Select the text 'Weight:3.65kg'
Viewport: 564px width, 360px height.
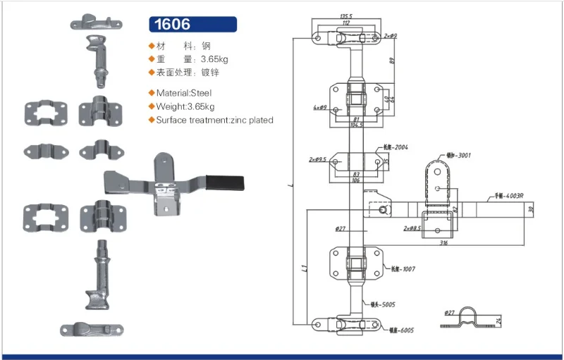185,106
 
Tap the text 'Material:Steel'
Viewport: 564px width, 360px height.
183,92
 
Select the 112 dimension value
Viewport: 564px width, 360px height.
346,22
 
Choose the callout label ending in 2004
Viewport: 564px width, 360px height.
395,148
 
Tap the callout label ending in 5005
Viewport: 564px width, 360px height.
382,305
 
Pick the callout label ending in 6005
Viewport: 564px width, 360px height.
399,329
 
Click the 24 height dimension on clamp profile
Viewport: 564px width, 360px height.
498,321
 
